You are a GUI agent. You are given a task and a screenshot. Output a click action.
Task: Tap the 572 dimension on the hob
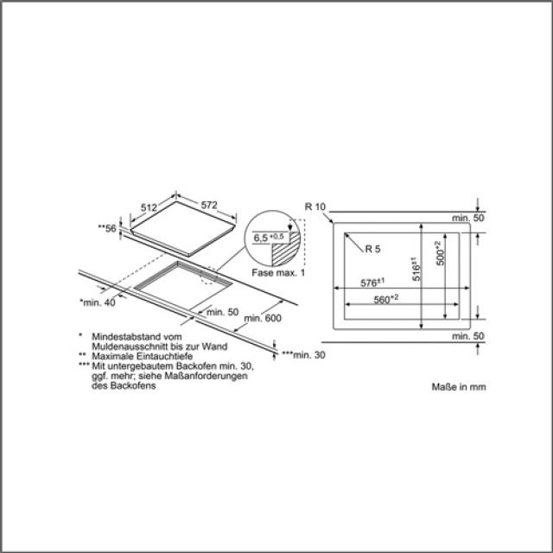[203, 205]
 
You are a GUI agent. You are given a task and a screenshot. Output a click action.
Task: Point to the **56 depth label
[107, 228]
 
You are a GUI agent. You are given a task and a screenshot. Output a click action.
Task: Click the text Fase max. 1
[279, 273]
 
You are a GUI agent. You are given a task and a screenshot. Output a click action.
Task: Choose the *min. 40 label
[97, 302]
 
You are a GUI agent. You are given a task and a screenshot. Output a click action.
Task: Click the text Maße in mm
[459, 388]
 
